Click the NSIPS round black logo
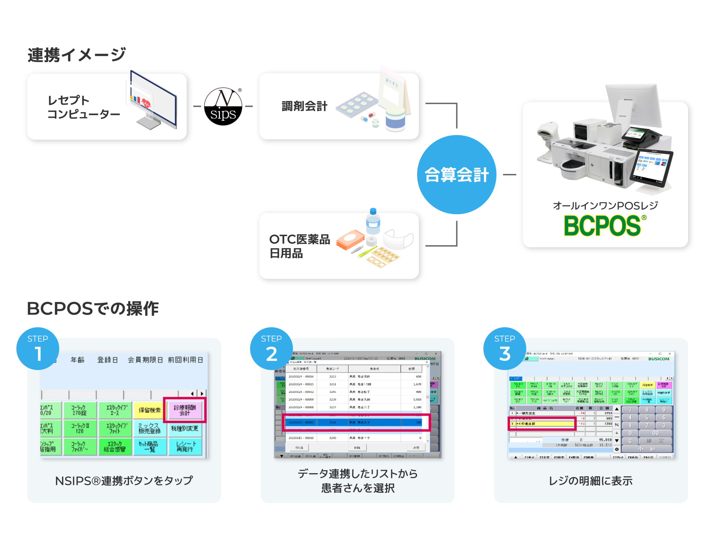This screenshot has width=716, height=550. point(223,107)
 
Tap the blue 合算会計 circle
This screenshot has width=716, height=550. point(457,175)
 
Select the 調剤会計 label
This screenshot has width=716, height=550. point(305,106)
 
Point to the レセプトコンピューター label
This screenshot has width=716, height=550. point(83,107)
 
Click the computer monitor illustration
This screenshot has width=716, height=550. point(154,101)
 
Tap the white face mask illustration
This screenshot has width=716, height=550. point(398,239)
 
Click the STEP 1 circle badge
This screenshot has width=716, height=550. point(38,349)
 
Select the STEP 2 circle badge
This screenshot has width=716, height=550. point(271,349)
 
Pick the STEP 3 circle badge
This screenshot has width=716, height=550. point(504,349)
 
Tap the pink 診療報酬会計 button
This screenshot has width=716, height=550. point(185,410)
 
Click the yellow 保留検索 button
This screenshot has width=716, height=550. point(150,410)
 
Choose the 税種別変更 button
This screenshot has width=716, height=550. point(185,428)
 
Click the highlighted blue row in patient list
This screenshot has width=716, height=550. point(355,423)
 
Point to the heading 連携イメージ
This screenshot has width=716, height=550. point(77,55)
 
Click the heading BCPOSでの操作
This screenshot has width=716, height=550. point(93,309)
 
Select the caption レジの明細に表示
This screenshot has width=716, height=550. point(590,481)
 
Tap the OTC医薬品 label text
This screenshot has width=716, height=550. point(300,240)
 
